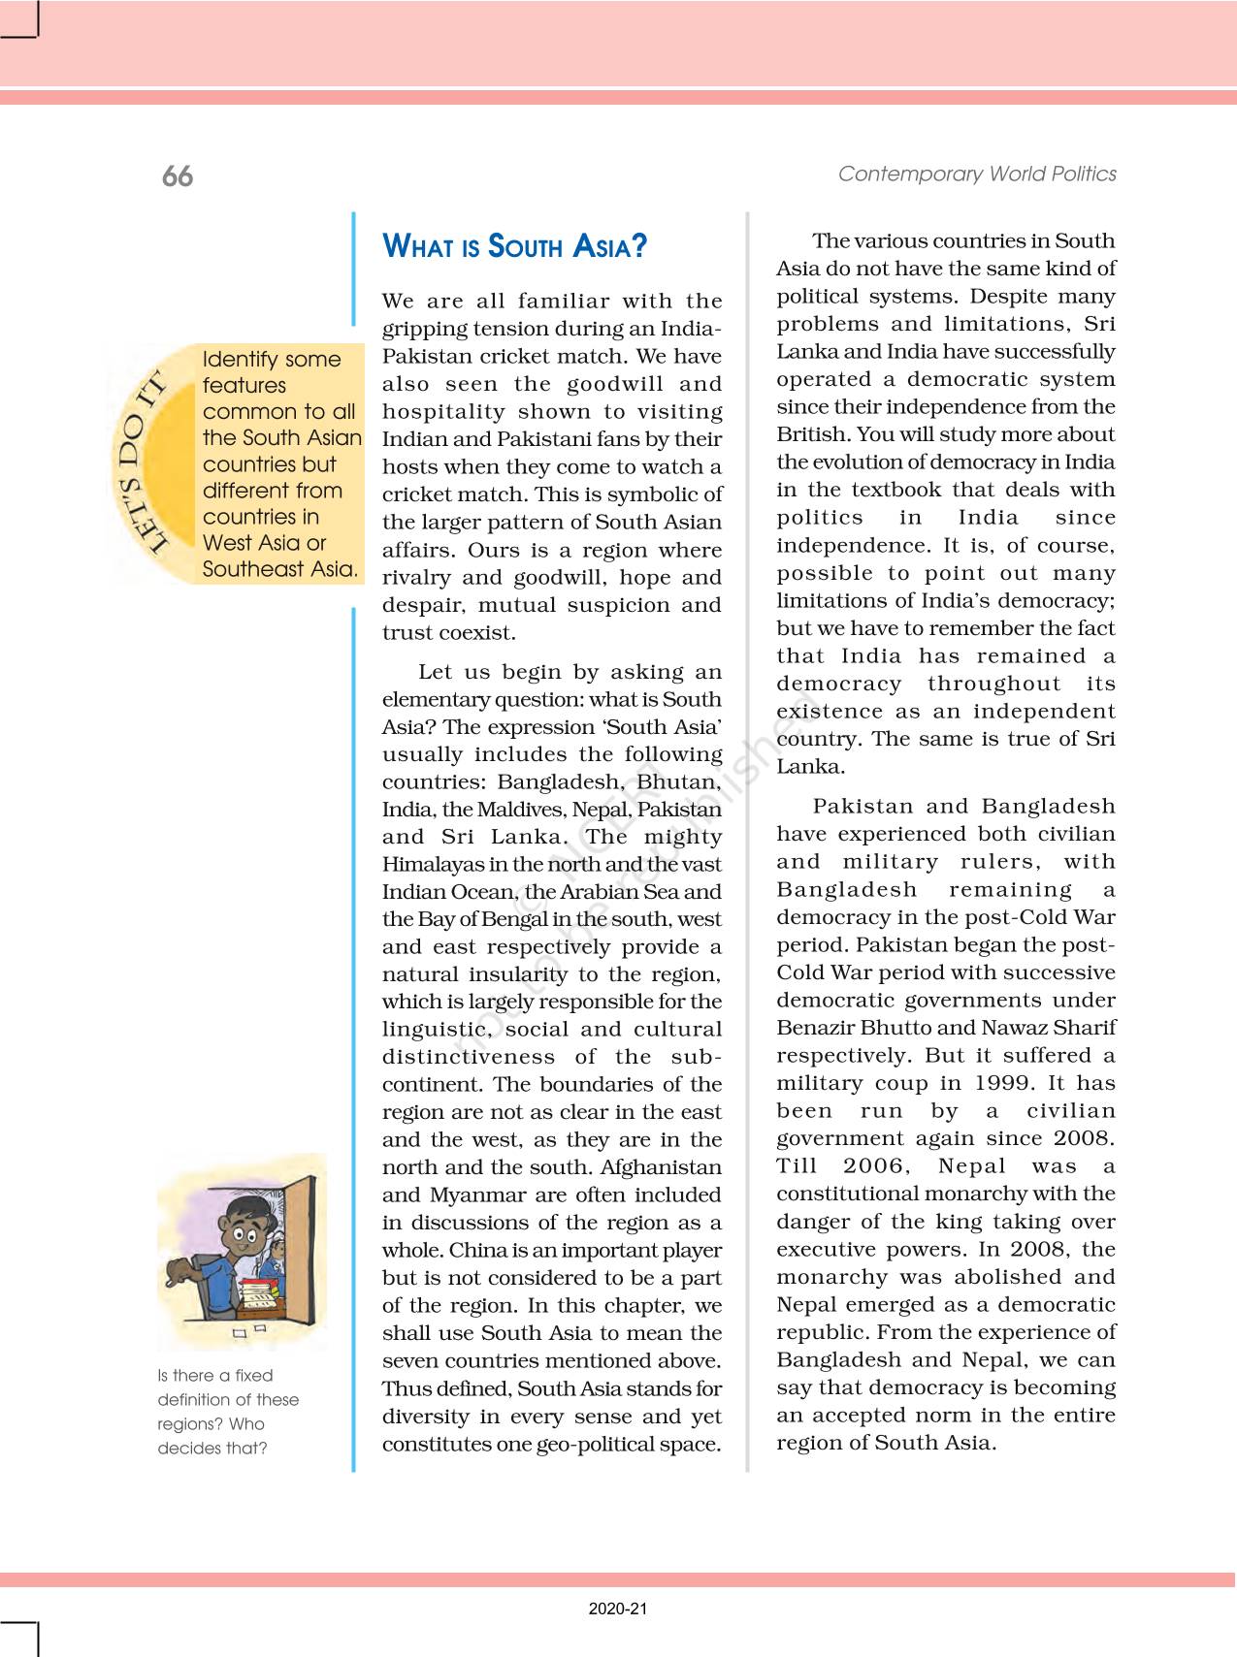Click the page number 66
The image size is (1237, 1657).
178,175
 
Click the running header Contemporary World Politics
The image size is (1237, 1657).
977,174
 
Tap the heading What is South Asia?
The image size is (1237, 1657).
514,246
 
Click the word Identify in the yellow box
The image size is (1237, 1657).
238,359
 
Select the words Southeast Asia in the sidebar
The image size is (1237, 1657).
279,569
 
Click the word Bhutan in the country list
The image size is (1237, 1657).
678,781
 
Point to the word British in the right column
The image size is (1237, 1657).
809,434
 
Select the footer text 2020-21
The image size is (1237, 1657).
618,1609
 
